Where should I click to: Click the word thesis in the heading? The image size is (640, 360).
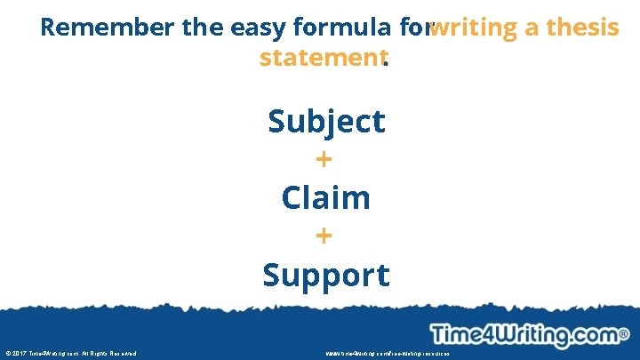(583, 28)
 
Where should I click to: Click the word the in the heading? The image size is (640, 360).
(202, 28)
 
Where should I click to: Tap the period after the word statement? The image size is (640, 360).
(387, 62)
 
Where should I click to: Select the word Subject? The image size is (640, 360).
(326, 121)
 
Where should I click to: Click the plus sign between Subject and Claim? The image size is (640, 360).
(324, 160)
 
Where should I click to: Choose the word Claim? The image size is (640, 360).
(325, 197)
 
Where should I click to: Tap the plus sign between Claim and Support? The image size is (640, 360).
(324, 236)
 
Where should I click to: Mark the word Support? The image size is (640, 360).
(325, 275)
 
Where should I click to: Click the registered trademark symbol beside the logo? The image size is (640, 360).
(624, 335)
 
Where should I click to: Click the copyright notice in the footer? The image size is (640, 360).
(71, 353)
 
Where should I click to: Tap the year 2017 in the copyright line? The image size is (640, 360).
(20, 353)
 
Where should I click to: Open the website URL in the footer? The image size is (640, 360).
(388, 353)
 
